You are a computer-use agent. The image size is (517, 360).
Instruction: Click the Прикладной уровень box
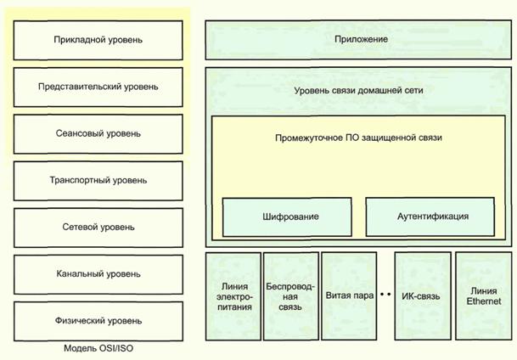point(98,40)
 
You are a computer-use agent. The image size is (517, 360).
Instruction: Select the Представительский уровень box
point(98,87)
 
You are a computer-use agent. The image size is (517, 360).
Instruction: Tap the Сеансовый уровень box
point(98,134)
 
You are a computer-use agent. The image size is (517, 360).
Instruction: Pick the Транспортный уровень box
point(98,181)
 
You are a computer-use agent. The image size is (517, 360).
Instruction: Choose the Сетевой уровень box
point(98,228)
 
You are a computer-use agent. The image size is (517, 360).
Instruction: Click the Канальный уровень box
point(98,274)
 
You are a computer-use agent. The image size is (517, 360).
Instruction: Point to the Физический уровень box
point(98,321)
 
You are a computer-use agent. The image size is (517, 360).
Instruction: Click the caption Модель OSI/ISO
point(98,348)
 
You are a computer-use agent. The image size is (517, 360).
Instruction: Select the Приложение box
point(359,40)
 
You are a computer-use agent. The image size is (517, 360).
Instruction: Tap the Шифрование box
point(287,217)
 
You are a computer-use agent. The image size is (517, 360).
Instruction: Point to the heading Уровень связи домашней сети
point(359,89)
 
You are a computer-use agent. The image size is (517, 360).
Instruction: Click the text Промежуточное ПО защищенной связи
point(359,137)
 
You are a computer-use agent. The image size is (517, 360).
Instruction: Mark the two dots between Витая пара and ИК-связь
point(384,295)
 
